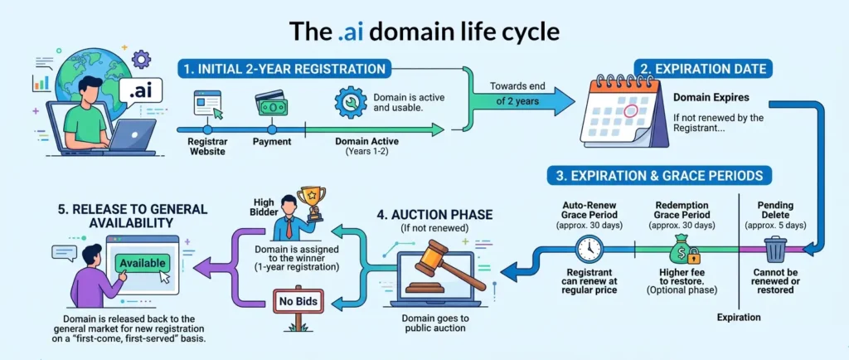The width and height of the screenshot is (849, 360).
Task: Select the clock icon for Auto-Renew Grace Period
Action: click(589, 249)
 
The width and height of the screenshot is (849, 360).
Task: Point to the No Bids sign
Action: click(298, 299)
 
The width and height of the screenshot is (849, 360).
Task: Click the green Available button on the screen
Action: click(143, 264)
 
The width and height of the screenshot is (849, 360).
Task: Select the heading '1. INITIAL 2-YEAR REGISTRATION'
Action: click(284, 69)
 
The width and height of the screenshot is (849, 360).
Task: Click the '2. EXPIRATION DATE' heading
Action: click(703, 69)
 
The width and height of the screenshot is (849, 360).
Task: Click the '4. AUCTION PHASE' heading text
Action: click(434, 214)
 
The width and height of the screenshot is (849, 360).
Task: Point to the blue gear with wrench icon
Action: click(351, 102)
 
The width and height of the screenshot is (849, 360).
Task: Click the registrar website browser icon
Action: click(208, 105)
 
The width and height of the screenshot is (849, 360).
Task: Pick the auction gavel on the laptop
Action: click(449, 265)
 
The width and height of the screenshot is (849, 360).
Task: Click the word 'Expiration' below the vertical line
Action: click(739, 317)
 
